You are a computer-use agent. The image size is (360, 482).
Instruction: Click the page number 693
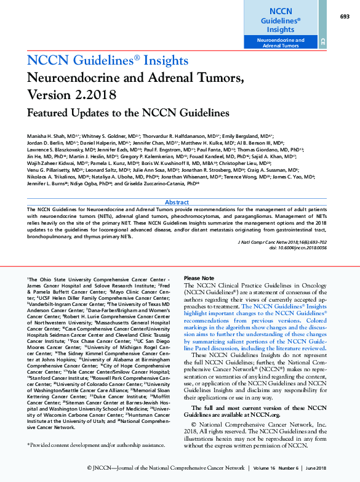[x=345, y=17]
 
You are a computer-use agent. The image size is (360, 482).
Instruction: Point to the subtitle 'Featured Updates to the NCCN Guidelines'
[x=128, y=113]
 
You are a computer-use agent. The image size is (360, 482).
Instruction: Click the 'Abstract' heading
[x=177, y=202]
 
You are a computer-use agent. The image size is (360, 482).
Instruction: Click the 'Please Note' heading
[x=199, y=278]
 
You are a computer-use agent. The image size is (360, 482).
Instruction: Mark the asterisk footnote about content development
[x=95, y=444]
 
